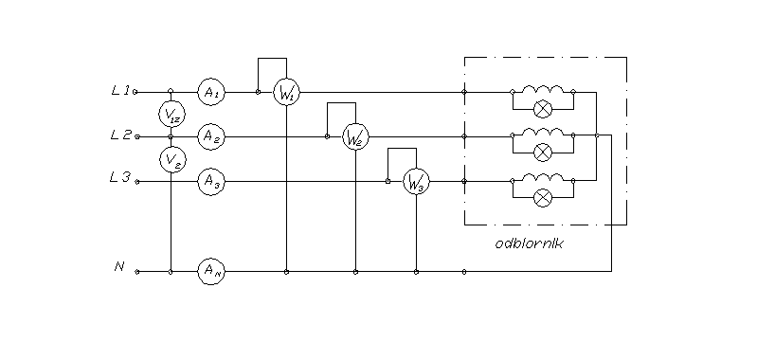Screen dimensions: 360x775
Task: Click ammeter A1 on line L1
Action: tap(210, 92)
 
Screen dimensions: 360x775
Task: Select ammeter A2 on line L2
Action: tap(210, 136)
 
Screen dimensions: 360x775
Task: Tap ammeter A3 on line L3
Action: tap(210, 183)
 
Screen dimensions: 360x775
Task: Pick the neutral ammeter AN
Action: tap(210, 271)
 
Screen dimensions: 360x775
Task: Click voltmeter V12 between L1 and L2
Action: tap(171, 114)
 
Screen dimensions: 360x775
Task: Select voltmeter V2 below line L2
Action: tap(171, 159)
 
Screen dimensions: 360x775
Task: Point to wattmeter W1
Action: tap(286, 93)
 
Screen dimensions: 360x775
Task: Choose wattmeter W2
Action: tap(354, 137)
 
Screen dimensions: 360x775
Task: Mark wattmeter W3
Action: tap(416, 183)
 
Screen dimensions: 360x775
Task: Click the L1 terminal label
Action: tap(119, 91)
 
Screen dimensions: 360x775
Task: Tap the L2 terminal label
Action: tap(119, 135)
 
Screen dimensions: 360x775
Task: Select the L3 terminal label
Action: tap(119, 179)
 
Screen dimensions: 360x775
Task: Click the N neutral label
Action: tap(119, 267)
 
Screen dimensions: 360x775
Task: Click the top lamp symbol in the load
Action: tap(543, 108)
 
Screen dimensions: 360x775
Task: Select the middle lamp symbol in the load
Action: tap(543, 153)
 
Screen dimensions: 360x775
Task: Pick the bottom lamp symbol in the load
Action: tap(543, 197)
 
